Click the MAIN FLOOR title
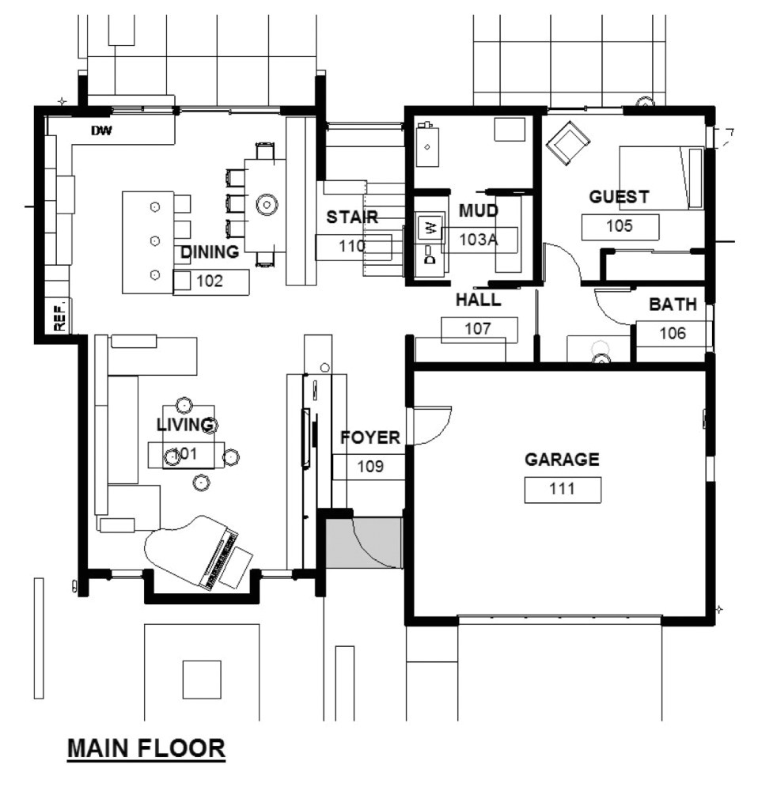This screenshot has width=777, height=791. pyautogui.click(x=146, y=747)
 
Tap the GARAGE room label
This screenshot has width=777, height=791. pyautogui.click(x=562, y=460)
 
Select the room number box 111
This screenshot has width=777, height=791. pyautogui.click(x=562, y=490)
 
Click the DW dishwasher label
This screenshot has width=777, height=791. pyautogui.click(x=100, y=131)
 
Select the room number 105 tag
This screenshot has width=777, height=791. pyautogui.click(x=620, y=226)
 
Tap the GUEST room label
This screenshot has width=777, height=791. pyautogui.click(x=619, y=197)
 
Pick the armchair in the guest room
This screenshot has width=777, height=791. pyautogui.click(x=567, y=143)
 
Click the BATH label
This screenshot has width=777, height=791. pyautogui.click(x=673, y=305)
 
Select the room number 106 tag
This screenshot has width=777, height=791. pyautogui.click(x=673, y=333)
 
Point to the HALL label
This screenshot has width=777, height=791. pyautogui.click(x=478, y=301)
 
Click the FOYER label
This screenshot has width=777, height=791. pyautogui.click(x=370, y=438)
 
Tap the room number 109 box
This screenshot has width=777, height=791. pyautogui.click(x=370, y=467)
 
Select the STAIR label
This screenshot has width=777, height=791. pyautogui.click(x=352, y=217)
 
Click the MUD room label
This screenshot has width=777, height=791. pyautogui.click(x=479, y=210)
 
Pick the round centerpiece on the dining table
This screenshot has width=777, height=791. pyautogui.click(x=267, y=204)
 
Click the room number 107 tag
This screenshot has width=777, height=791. pyautogui.click(x=478, y=329)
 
